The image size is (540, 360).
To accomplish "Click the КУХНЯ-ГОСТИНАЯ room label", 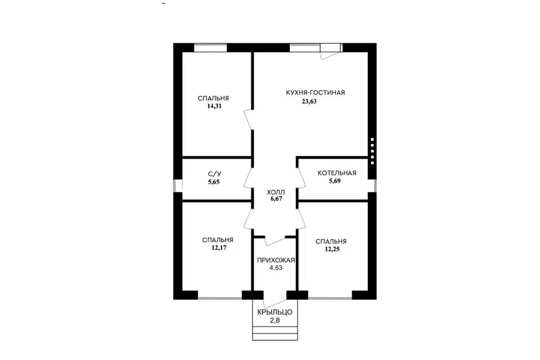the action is point(315,93).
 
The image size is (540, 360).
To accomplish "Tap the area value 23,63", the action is point(309,101).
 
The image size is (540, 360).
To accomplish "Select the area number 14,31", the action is point(214,106).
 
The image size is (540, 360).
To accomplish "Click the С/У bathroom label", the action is point(215,174).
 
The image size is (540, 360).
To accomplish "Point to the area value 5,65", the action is point(214,182).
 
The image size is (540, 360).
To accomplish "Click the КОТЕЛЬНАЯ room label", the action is point(337,173).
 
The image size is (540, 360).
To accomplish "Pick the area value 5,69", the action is point(335,181).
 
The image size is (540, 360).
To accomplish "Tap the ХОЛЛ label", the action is point(276,192).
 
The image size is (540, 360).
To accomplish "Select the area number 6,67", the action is point(276,199).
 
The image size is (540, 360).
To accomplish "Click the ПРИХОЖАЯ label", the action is point(276,260).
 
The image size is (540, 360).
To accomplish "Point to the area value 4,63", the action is point(276,268).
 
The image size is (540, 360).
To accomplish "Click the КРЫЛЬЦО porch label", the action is point(275,312).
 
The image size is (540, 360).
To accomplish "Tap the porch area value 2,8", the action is point(275,321).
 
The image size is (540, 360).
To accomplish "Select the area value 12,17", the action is point(219,247).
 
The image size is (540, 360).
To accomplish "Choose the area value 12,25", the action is point(332,249).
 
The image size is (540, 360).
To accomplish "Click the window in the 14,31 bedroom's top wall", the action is point(210,48).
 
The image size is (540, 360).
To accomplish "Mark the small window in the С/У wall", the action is point(178,185).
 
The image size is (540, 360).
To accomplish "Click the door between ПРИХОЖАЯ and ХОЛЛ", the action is point(276,241).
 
